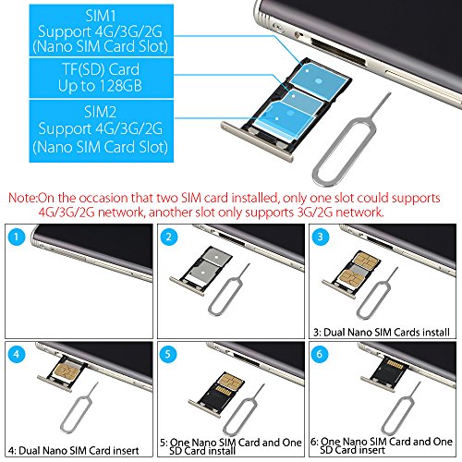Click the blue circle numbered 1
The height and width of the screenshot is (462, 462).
point(17,237)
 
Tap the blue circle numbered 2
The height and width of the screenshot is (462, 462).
point(169,237)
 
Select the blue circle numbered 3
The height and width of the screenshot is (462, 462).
point(321,237)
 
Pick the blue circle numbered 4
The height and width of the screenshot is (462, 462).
point(17,354)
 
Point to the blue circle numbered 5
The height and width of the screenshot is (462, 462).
point(168,354)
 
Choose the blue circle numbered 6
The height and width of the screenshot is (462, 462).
point(320,354)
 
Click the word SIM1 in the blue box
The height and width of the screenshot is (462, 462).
point(101,16)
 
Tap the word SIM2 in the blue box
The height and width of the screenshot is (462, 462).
point(101,112)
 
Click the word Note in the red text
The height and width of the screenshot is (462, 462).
point(21,198)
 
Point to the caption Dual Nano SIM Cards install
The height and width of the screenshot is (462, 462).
point(386,333)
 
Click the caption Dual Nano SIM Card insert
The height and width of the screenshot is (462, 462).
point(79,451)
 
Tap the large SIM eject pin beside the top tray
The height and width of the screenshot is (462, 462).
point(351,140)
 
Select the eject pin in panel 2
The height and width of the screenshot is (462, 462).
point(228,290)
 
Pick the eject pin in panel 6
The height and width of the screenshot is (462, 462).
point(400,408)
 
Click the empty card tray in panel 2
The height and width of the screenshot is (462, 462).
point(201,271)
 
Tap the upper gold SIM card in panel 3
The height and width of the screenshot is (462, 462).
point(366,260)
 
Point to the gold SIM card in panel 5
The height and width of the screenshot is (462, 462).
point(229,381)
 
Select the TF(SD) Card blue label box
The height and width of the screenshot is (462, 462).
point(102,79)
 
